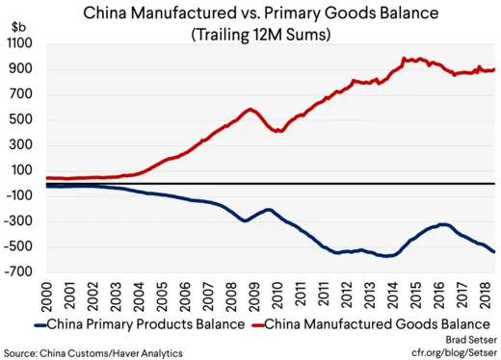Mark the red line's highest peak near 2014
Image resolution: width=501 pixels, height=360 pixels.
pyautogui.click(x=403, y=58)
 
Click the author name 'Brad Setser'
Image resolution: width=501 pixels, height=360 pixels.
pyautogui.click(x=466, y=340)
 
